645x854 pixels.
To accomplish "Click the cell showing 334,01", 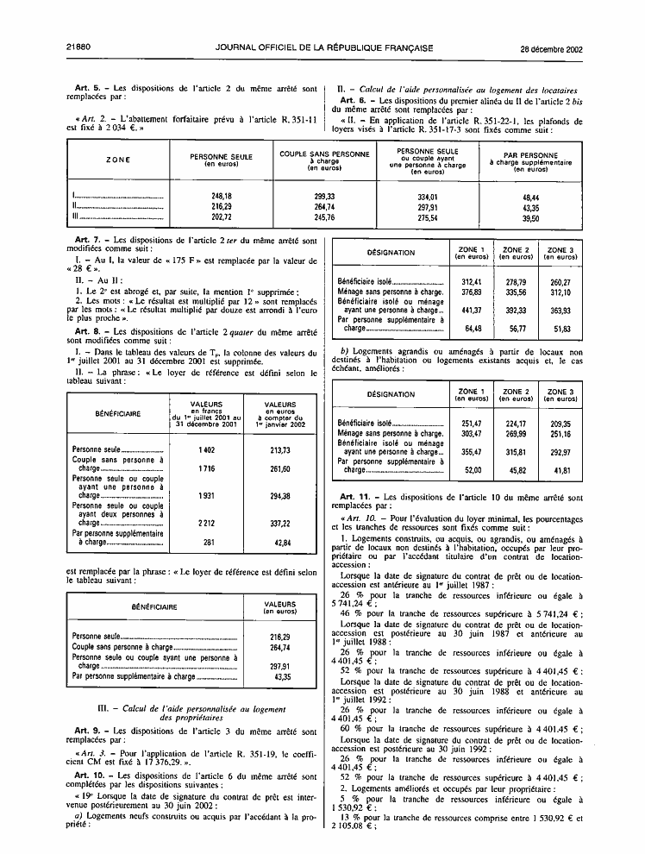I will [x=428, y=197].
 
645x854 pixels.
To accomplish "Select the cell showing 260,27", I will [x=560, y=281].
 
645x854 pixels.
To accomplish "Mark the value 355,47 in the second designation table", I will [x=471, y=452].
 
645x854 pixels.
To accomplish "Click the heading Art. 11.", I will [x=359, y=498].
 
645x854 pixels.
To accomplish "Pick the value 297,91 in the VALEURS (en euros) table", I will [x=279, y=667].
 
